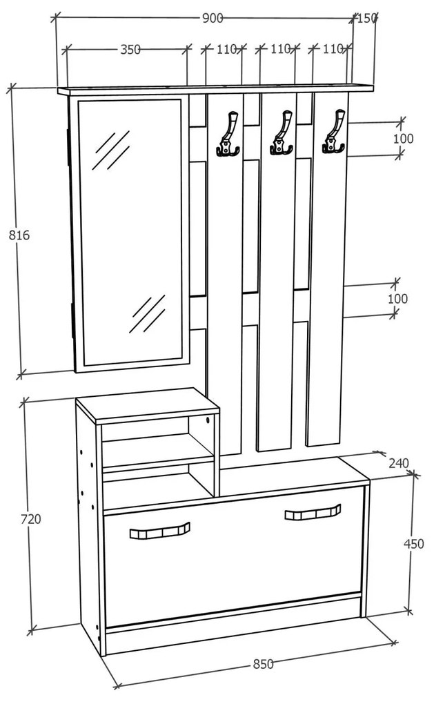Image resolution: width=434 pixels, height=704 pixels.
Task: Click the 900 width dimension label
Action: click(213, 19)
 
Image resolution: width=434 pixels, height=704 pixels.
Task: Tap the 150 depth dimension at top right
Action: click(366, 18)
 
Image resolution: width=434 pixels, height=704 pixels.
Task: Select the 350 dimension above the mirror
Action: click(130, 49)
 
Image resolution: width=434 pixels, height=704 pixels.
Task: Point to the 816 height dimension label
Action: click(19, 235)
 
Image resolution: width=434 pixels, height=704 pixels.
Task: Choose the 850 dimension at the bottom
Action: click(263, 664)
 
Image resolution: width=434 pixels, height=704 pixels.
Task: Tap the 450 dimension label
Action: click(413, 544)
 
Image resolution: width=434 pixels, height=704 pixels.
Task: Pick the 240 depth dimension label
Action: click(398, 462)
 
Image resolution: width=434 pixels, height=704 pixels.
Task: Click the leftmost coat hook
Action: click(228, 134)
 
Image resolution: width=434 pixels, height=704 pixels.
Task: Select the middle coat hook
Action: click(281, 134)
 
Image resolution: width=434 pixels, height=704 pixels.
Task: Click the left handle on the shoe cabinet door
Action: click(159, 531)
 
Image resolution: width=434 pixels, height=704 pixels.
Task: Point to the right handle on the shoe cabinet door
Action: click(313, 512)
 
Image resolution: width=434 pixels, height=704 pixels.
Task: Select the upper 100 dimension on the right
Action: click(403, 139)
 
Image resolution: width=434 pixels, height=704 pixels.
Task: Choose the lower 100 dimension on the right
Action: click(397, 299)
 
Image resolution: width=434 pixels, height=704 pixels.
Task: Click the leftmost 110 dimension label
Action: click(226, 49)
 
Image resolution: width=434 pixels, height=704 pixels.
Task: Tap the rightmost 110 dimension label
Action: click(333, 49)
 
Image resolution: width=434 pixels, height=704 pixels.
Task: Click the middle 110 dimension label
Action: click(279, 49)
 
